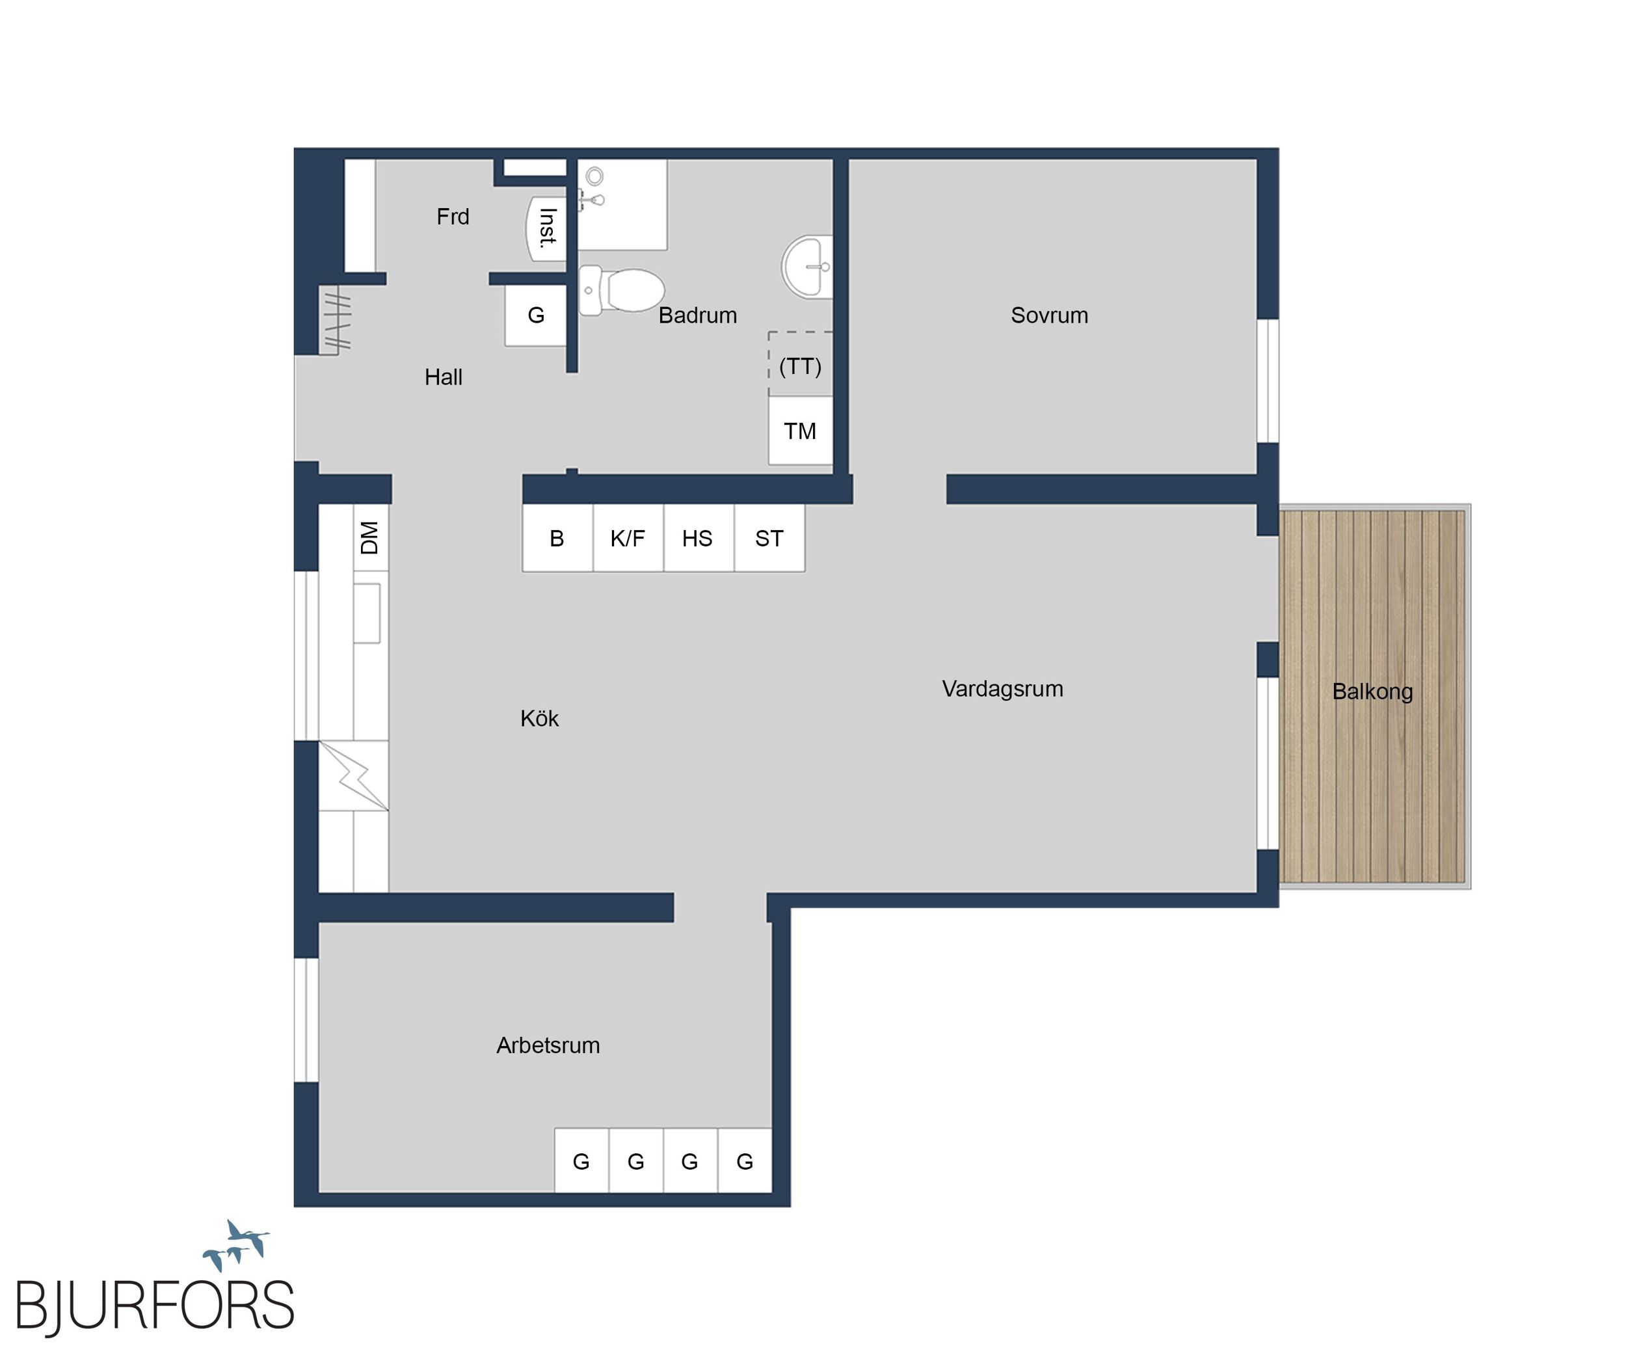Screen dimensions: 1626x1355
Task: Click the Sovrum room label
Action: [1049, 315]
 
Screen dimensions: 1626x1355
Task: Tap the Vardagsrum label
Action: [1003, 689]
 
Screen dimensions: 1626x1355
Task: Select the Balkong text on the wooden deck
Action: [1372, 691]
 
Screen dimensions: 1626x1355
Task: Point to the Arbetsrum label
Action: [548, 1045]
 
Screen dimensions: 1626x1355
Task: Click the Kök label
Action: [540, 719]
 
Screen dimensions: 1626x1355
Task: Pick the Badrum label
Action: [698, 315]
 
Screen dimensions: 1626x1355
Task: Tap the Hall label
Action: [444, 377]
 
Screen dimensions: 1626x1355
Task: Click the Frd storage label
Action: [453, 217]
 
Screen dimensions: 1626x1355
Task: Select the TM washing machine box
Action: [801, 431]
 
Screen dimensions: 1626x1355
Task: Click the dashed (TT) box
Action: [801, 364]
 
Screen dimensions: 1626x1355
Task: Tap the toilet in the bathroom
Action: [622, 290]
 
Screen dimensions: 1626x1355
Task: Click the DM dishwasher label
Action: [370, 537]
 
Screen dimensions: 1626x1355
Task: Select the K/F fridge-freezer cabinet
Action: [628, 538]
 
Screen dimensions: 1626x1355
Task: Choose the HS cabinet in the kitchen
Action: [699, 538]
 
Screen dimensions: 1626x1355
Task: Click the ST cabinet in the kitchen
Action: [769, 538]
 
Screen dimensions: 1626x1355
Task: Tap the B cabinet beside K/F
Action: [557, 538]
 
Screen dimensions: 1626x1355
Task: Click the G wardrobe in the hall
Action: [536, 315]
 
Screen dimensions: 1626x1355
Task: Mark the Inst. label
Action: [548, 228]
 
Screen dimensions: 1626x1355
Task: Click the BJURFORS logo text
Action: [155, 1306]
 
